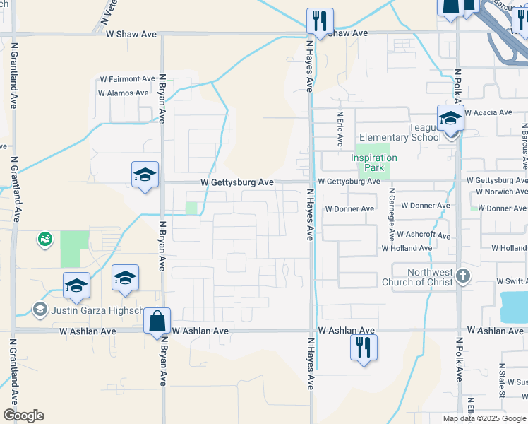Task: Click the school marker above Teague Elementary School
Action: (450, 117)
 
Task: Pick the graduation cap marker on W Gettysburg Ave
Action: (145, 175)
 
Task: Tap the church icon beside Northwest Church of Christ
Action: (463, 276)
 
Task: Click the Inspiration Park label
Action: (374, 163)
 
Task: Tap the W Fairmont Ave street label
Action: (128, 79)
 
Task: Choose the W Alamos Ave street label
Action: (124, 93)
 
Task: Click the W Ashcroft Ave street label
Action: (424, 234)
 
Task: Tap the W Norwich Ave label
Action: (501, 192)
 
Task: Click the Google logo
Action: (23, 416)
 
